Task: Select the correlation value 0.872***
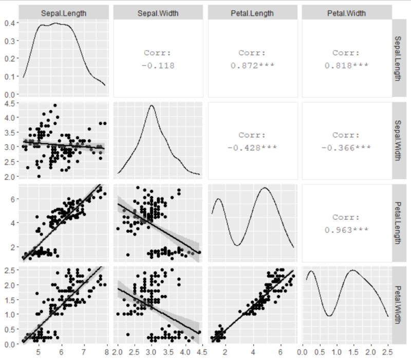pos(252,65)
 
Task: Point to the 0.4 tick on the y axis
pos(9,23)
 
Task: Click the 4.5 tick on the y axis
pos(9,103)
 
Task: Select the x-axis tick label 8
pos(106,352)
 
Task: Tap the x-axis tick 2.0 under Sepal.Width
pos(118,352)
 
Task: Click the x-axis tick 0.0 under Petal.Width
pos(303,352)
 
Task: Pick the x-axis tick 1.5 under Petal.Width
pos(353,352)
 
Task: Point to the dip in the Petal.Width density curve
pos(329,315)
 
